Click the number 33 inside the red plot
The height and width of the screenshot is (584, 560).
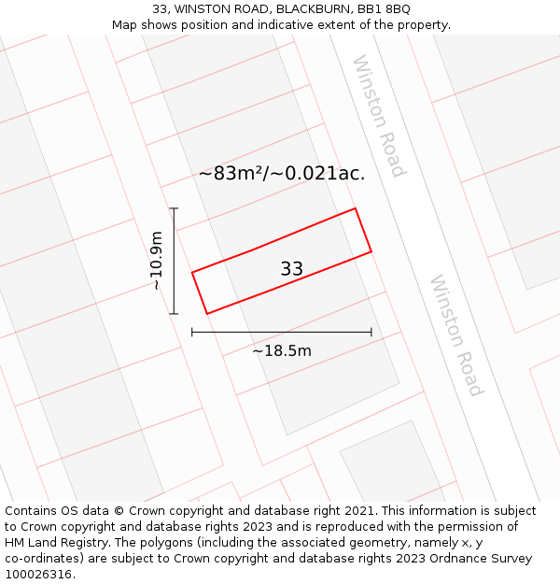[291, 269]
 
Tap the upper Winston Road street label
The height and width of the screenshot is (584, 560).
[378, 116]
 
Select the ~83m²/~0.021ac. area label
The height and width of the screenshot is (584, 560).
[281, 173]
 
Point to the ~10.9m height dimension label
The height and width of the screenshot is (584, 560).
[157, 261]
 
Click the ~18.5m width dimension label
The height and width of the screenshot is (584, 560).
[282, 351]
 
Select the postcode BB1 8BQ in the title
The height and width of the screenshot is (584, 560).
[384, 9]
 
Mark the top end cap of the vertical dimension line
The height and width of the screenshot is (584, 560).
[174, 208]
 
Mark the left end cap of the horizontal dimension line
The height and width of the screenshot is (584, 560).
[192, 332]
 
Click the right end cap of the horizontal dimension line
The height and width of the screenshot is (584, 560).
[371, 332]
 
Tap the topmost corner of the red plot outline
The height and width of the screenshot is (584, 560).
[355, 208]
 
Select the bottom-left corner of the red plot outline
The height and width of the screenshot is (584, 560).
[206, 314]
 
